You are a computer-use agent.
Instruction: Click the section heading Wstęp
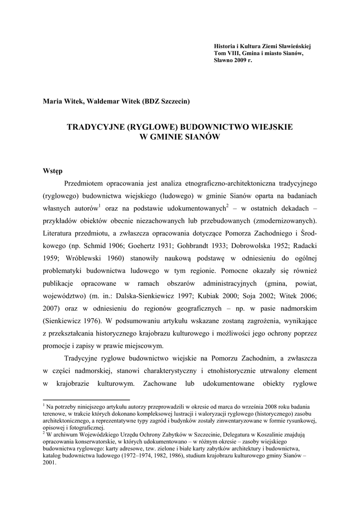point(53,170)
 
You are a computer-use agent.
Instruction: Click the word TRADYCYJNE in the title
point(97,127)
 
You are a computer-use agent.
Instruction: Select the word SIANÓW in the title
point(200,137)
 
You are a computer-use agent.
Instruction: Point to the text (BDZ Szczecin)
point(166,101)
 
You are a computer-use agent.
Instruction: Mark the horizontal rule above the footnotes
point(86,399)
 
